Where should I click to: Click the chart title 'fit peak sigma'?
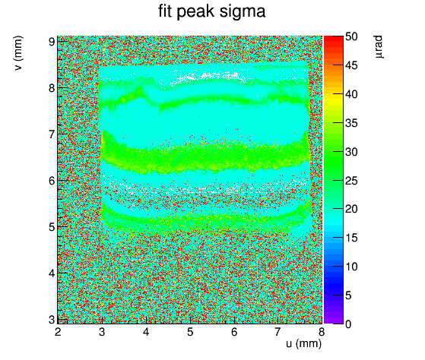[211, 12]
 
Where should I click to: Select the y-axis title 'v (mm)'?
[18, 53]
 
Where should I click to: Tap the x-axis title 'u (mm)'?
[304, 344]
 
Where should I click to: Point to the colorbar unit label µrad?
[379, 46]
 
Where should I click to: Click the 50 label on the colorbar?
[351, 36]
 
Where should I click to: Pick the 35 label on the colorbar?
[351, 123]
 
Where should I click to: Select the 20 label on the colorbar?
[351, 209]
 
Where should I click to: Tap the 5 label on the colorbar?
[348, 295]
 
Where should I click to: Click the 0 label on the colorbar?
[348, 324]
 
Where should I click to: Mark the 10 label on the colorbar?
[351, 267]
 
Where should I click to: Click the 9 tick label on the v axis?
[52, 42]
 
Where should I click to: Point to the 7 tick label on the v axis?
[52, 134]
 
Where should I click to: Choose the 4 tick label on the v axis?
[52, 273]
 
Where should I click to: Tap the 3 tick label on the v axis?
[52, 320]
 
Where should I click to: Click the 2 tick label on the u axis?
[58, 332]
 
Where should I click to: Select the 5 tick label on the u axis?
[190, 332]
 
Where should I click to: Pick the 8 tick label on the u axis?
[322, 332]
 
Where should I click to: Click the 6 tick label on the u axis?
[234, 332]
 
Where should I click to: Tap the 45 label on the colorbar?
[351, 65]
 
